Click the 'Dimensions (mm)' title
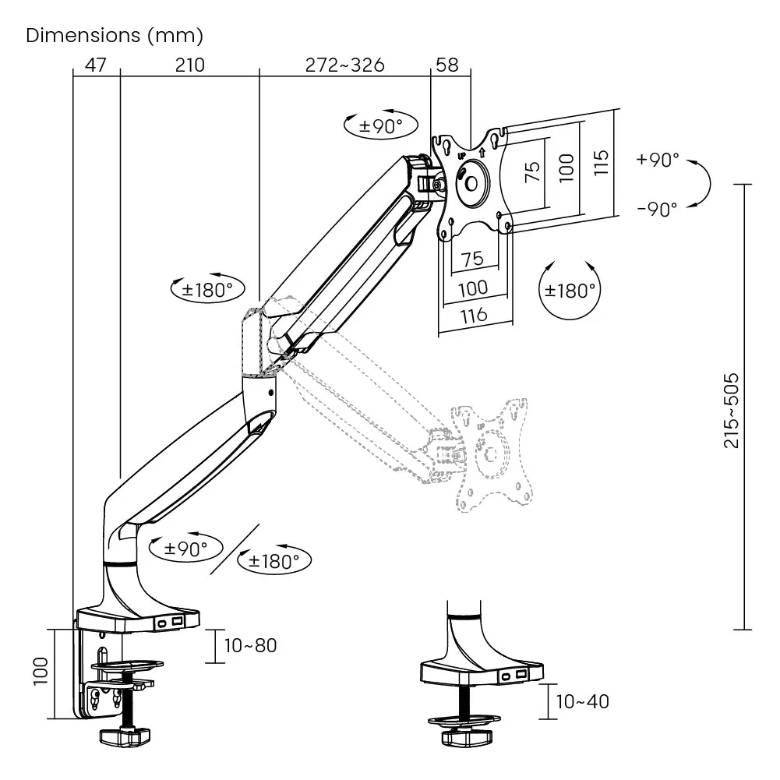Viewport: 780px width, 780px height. (115, 36)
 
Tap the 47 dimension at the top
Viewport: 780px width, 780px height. (96, 65)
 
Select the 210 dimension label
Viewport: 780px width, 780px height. (189, 65)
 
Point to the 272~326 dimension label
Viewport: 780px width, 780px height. (344, 65)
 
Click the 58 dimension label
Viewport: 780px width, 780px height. (447, 65)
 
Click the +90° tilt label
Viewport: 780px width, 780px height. (658, 160)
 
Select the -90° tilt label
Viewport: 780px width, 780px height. (657, 208)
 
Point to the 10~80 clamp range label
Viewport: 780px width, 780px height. (250, 645)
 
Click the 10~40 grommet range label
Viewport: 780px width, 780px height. (582, 701)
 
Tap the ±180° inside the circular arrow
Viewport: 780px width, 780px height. (570, 291)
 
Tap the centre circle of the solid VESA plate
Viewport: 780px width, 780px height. (472, 183)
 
